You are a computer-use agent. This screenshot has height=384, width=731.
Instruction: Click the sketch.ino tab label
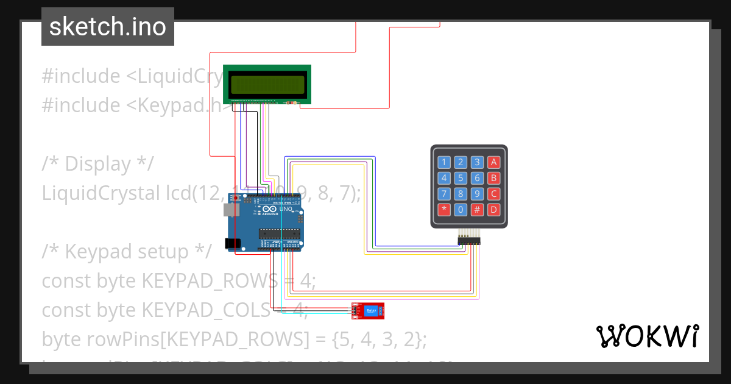(107, 27)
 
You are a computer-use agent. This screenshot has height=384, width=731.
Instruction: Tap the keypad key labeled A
(494, 162)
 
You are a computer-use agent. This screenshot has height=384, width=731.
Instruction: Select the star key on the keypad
(444, 210)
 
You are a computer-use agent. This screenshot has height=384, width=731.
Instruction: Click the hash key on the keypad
(478, 210)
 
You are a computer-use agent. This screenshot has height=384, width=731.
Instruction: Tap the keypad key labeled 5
(461, 178)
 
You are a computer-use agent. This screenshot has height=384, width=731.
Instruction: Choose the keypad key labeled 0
(461, 210)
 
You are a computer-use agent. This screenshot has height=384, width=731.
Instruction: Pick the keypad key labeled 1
(444, 162)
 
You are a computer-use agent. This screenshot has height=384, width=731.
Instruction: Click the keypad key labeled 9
(478, 194)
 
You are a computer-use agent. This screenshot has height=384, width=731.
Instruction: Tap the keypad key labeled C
(494, 194)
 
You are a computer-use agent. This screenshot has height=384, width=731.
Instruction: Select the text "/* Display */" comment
(98, 164)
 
